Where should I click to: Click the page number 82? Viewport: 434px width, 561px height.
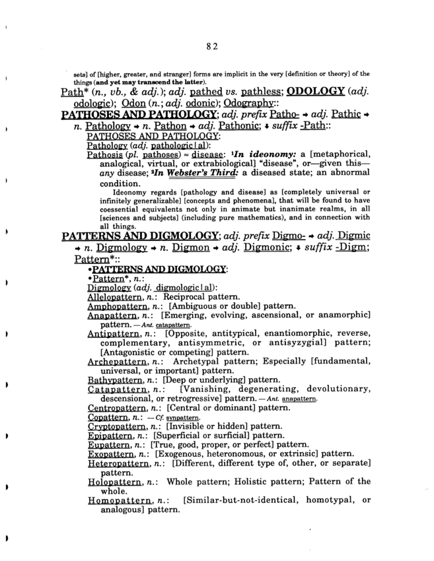tap(211, 46)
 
